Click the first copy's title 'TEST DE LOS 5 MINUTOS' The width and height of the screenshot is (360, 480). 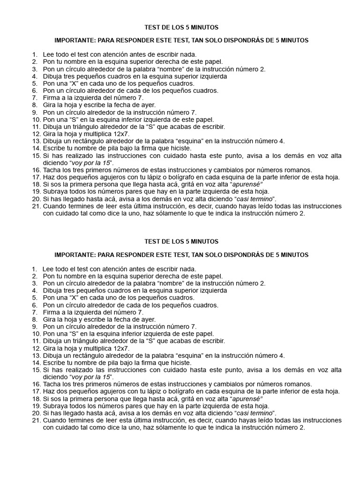(x=180, y=28)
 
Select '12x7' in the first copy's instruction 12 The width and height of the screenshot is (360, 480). (x=120, y=134)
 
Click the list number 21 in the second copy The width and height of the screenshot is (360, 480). (x=36, y=420)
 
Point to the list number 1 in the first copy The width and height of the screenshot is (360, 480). (x=34, y=54)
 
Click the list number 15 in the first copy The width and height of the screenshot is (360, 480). (x=36, y=156)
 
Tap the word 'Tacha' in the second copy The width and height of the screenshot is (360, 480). (x=51, y=384)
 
